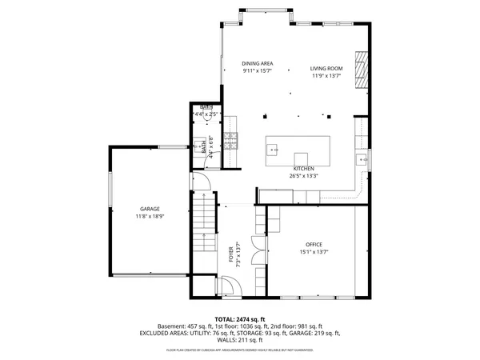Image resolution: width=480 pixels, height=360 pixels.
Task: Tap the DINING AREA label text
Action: [x=258, y=63]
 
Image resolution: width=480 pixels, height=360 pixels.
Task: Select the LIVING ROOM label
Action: [x=326, y=69]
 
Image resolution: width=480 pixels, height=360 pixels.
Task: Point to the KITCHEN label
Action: [x=303, y=169]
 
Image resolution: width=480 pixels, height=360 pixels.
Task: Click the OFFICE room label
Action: [x=314, y=244]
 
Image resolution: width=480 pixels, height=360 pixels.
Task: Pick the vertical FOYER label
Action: [x=230, y=254]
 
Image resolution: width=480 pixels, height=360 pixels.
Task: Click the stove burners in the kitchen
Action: [x=230, y=142]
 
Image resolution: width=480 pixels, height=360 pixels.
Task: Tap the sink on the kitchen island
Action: [x=273, y=149]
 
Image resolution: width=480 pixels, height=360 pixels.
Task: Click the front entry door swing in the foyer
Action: [x=226, y=286]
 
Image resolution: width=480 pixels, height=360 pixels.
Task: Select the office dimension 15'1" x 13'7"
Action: [x=314, y=251]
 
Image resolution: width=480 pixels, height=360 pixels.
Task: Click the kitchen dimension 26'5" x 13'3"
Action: [x=303, y=176]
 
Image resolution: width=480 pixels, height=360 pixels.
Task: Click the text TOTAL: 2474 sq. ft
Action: [x=250, y=318]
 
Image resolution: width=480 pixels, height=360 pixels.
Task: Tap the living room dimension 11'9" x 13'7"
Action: [x=326, y=76]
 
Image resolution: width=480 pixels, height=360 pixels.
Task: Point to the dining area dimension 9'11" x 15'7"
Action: [x=258, y=70]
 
